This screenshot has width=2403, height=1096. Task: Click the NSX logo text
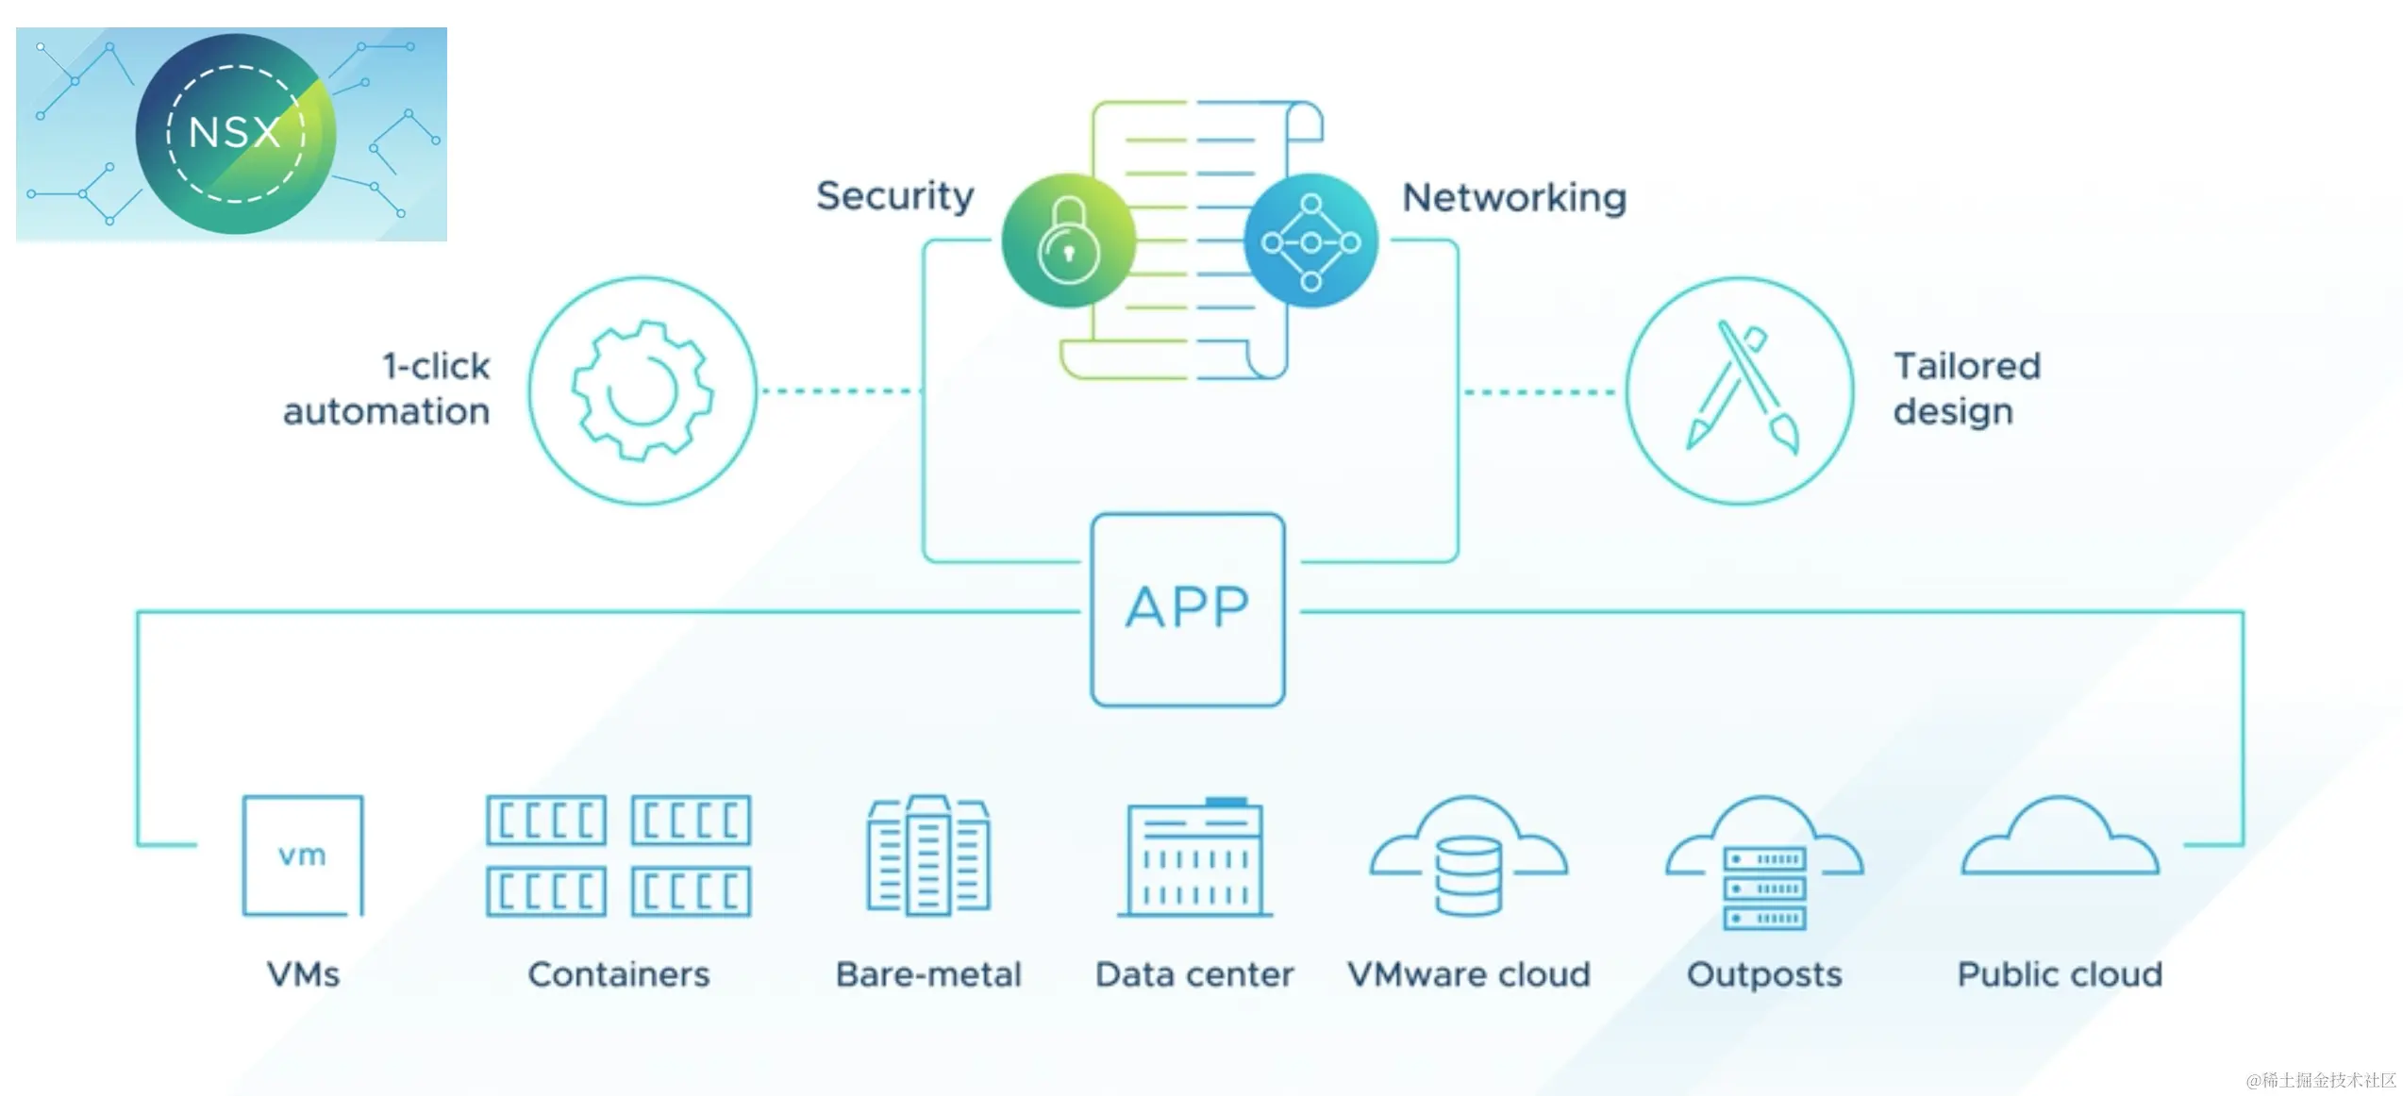[235, 132]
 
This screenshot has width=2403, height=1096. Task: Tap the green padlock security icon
[1068, 241]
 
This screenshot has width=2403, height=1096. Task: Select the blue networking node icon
[1310, 241]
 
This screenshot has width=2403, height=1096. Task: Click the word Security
[894, 196]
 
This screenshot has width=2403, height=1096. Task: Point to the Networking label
[1513, 198]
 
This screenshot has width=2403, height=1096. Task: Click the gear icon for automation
[642, 390]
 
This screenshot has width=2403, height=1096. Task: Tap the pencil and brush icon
[1741, 390]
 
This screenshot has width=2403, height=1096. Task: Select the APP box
[1188, 609]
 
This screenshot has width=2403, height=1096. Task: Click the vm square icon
[303, 855]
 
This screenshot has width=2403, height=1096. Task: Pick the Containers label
[618, 974]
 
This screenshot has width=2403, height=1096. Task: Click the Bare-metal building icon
[928, 855]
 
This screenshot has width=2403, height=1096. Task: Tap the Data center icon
[1195, 857]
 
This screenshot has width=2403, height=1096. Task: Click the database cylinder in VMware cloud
[1468, 876]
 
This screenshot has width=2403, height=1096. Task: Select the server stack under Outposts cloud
[1764, 888]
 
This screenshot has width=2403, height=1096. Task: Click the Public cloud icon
[2060, 839]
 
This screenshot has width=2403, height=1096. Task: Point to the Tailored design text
[1966, 389]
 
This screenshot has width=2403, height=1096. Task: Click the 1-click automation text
[388, 389]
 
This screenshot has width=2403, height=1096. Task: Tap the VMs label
[303, 974]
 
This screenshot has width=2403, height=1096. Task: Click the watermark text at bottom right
[2320, 1080]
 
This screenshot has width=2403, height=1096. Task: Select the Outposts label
[1763, 974]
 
